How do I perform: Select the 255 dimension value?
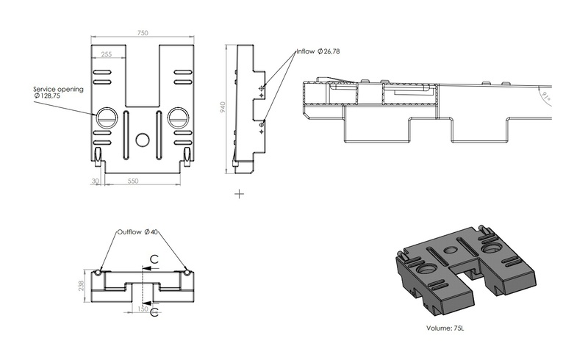click(x=107, y=54)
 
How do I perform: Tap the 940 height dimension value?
click(x=221, y=106)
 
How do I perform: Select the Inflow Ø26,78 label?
click(x=318, y=51)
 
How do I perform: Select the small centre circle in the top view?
click(x=143, y=138)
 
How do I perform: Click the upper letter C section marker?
click(x=154, y=259)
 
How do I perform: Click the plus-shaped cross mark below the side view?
click(x=239, y=194)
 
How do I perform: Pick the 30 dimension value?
click(x=96, y=181)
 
